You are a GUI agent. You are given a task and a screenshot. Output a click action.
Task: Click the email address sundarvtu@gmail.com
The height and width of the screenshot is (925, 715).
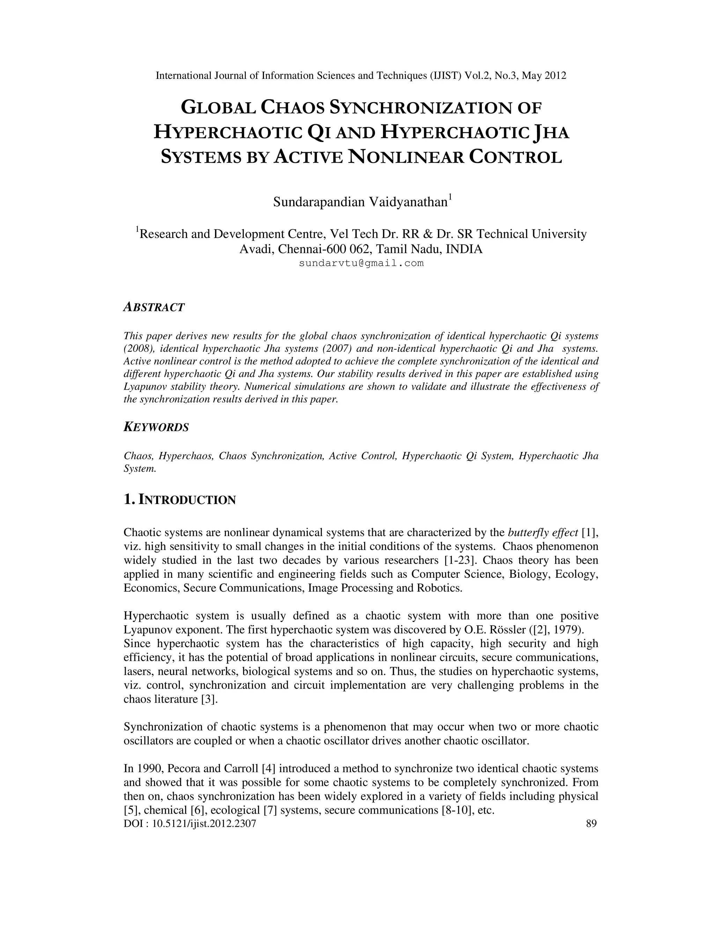[361, 264]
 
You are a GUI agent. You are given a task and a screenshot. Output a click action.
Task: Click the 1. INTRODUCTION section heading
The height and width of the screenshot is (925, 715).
[179, 500]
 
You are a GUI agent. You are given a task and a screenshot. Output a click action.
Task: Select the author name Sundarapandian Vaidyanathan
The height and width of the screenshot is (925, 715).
[360, 202]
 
